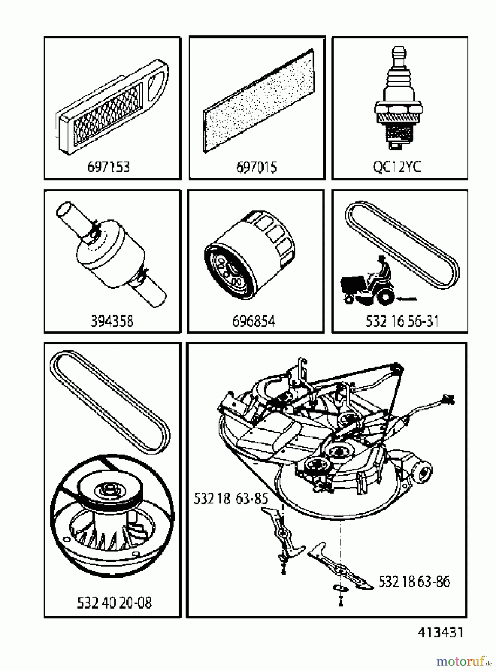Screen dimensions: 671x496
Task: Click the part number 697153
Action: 109,167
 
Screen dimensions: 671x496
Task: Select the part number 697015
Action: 257,167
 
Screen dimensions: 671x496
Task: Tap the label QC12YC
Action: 397,166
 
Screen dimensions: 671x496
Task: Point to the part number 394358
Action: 112,321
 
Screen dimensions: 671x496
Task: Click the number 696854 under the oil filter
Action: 254,321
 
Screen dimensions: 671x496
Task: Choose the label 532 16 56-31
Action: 402,321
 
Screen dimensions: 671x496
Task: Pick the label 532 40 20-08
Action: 114,603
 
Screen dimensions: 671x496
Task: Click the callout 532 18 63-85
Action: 230,499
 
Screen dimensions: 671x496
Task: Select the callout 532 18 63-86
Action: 414,582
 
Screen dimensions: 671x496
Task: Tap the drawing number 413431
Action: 440,633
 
